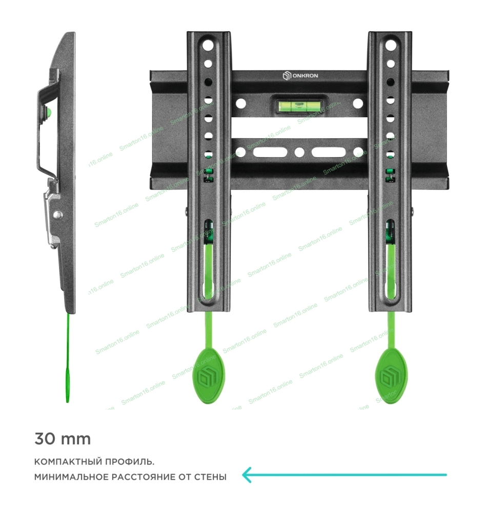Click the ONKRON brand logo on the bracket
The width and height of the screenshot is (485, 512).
coord(300,76)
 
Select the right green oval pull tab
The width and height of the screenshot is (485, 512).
coord(391,376)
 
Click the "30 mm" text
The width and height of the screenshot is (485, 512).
coord(63,439)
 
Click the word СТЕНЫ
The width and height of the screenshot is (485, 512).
coord(210,477)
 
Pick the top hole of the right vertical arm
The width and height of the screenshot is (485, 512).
coord(391,46)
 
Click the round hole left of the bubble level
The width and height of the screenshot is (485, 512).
coord(241,104)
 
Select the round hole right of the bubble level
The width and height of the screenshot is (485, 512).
coord(358,104)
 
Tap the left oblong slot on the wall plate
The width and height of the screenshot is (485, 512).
coord(270,152)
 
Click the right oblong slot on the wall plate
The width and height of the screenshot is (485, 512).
coord(329,152)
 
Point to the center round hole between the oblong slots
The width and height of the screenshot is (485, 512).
coord(299,152)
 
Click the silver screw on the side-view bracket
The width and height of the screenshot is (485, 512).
coord(57,215)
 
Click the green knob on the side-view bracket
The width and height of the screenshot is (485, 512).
coord(49,113)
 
